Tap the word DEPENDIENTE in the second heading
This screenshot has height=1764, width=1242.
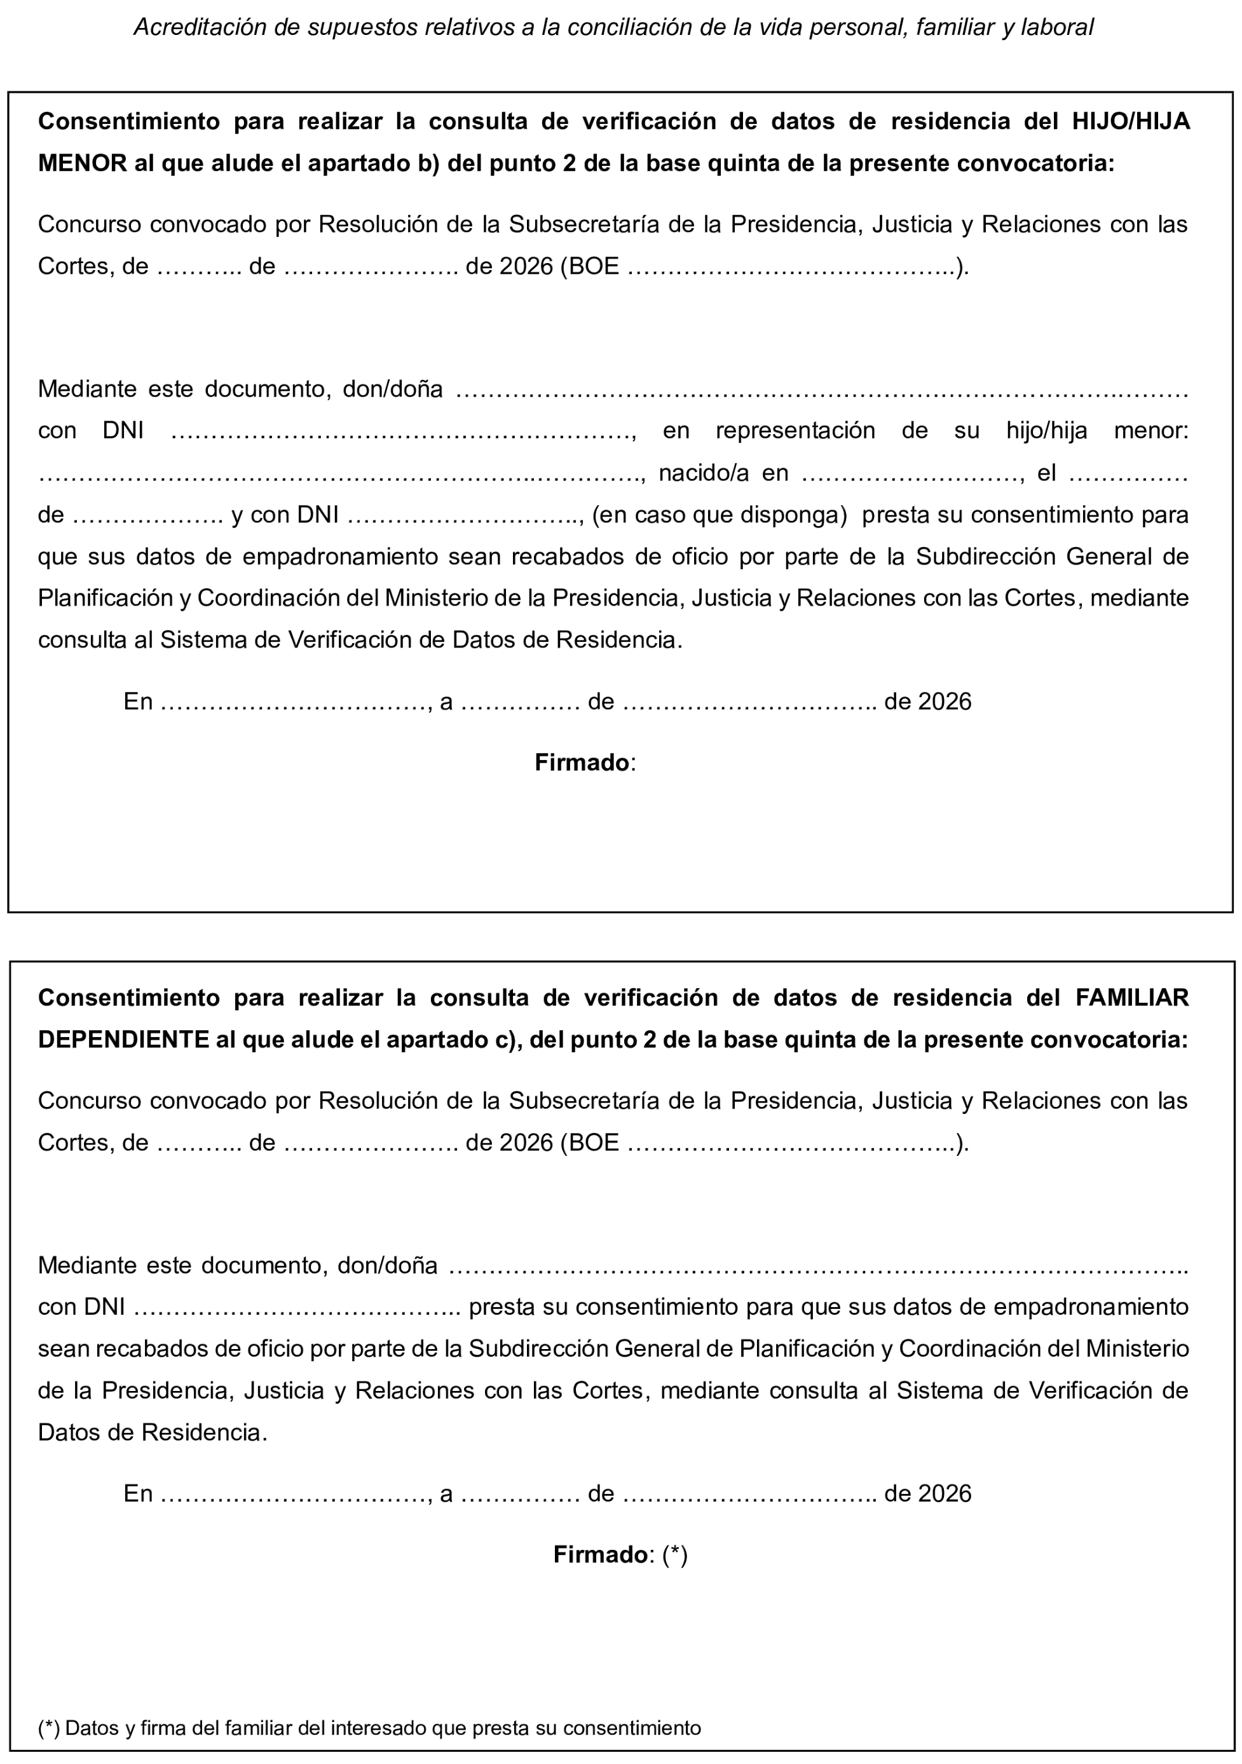[125, 1040]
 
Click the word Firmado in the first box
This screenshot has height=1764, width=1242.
[582, 763]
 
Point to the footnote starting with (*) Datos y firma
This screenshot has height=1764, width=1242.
[369, 1728]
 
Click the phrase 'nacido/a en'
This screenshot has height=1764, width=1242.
[723, 473]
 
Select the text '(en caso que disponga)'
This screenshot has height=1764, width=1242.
[720, 515]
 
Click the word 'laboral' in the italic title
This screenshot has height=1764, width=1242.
[1061, 28]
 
